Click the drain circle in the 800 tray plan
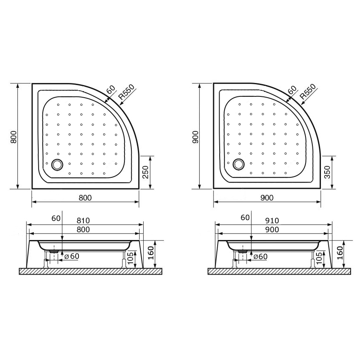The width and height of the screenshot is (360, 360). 57,165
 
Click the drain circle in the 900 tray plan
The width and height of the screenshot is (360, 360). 239,165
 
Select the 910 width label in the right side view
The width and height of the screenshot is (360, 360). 271,220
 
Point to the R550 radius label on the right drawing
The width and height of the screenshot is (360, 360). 308,92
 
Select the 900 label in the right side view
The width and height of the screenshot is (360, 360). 271,229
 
